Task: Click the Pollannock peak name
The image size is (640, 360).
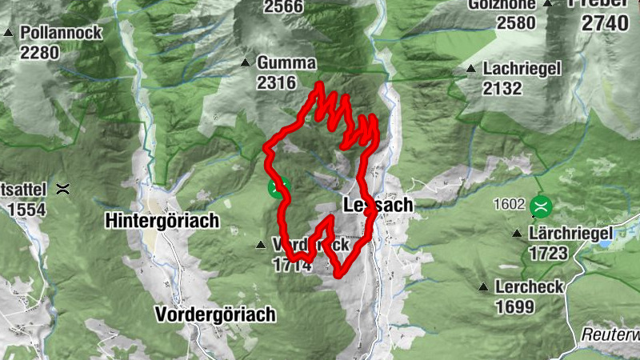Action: [62, 33]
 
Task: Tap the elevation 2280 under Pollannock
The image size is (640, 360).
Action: [40, 53]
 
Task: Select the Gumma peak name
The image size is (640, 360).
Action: [286, 62]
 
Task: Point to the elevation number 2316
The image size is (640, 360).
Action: [277, 82]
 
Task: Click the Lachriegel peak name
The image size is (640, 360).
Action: [522, 69]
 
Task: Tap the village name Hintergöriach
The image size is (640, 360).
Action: [162, 221]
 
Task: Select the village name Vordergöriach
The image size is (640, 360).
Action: [215, 313]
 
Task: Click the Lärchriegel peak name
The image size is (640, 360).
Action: [570, 234]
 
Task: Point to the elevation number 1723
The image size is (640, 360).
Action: [548, 254]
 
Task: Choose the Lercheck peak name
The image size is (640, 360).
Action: [529, 286]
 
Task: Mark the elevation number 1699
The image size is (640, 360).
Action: [514, 306]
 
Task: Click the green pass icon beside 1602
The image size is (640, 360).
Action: [541, 206]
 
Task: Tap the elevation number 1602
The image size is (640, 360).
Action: [510, 205]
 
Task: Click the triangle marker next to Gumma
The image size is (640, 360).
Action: [245, 62]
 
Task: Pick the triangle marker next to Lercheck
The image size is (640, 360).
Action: [482, 287]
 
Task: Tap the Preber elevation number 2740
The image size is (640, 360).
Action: [606, 22]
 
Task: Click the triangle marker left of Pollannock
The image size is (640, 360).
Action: [8, 33]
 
